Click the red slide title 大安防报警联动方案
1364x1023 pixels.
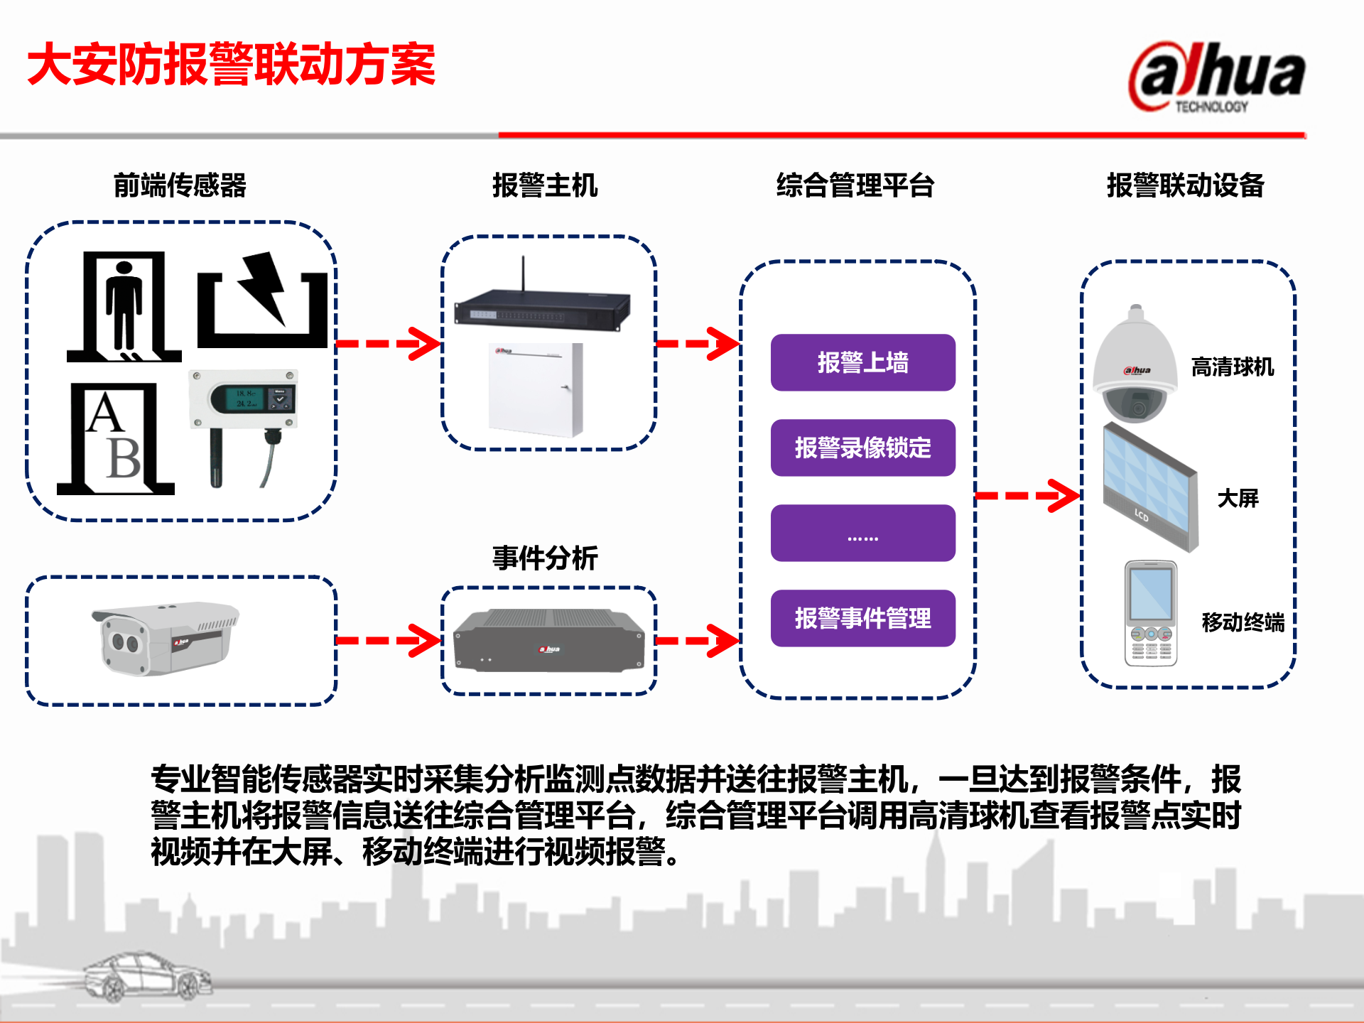(231, 65)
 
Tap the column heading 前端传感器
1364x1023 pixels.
(180, 185)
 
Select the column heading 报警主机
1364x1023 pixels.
(545, 185)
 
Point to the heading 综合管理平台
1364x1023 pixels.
(855, 185)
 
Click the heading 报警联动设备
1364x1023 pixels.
(1186, 185)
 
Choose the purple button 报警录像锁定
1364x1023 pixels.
(862, 448)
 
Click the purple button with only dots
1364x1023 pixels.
(862, 534)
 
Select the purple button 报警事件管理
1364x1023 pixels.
(862, 618)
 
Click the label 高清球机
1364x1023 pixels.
(1233, 367)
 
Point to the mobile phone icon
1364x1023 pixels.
(1151, 612)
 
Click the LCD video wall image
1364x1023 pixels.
(1149, 487)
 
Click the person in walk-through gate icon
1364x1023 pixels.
(124, 307)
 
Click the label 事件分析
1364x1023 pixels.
(545, 558)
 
